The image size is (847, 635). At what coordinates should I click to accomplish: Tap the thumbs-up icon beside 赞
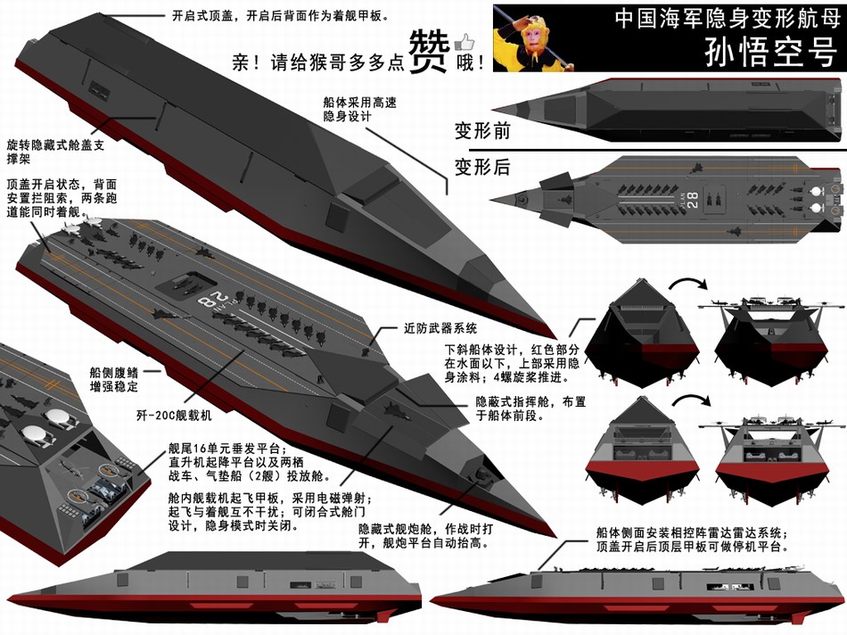coord(463,42)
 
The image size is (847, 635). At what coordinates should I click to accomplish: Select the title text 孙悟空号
coord(770,52)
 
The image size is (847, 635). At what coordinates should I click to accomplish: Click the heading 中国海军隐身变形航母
coord(727,18)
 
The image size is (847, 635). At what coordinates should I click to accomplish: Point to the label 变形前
coord(482,130)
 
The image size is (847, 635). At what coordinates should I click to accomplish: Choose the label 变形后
coord(482,167)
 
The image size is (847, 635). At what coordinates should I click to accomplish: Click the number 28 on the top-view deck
coord(693,200)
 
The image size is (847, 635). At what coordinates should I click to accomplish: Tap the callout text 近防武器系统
coord(440,328)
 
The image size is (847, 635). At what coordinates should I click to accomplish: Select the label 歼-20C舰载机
coord(174,415)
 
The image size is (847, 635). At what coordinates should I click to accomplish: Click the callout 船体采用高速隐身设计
coord(360,109)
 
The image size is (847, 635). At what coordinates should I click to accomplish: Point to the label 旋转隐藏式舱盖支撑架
coord(55,152)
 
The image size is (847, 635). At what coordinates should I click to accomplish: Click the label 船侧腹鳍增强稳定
coord(114,379)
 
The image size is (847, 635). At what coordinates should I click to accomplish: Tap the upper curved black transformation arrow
coord(687,285)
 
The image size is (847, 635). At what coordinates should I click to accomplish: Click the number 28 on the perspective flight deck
coord(210,299)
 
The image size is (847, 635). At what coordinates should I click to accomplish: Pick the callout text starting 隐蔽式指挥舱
coord(531,408)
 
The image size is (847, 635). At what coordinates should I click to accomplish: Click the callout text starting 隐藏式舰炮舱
coord(425,536)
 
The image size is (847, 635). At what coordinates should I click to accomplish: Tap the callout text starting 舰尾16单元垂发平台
coord(250,462)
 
